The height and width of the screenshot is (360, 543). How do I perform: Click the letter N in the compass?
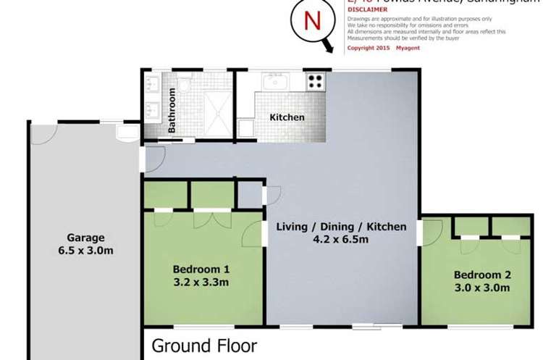tap(312, 21)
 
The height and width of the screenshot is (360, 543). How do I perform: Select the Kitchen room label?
tap(287, 117)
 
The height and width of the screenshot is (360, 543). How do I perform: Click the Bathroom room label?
tap(172, 110)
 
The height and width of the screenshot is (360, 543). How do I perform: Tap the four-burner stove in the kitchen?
tap(316, 82)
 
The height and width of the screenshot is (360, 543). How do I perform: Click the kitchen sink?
tap(277, 83)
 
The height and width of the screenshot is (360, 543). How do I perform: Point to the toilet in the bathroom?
tap(185, 86)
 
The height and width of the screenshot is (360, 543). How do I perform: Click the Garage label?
tap(86, 237)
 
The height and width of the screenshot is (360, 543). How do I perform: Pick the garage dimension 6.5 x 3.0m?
tap(86, 251)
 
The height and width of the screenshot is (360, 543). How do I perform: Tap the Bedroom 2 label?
tap(481, 275)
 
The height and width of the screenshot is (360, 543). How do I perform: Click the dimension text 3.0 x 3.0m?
tap(481, 288)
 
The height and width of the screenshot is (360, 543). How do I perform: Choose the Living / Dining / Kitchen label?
tap(341, 227)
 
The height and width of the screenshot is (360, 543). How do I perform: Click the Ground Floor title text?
tap(204, 345)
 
